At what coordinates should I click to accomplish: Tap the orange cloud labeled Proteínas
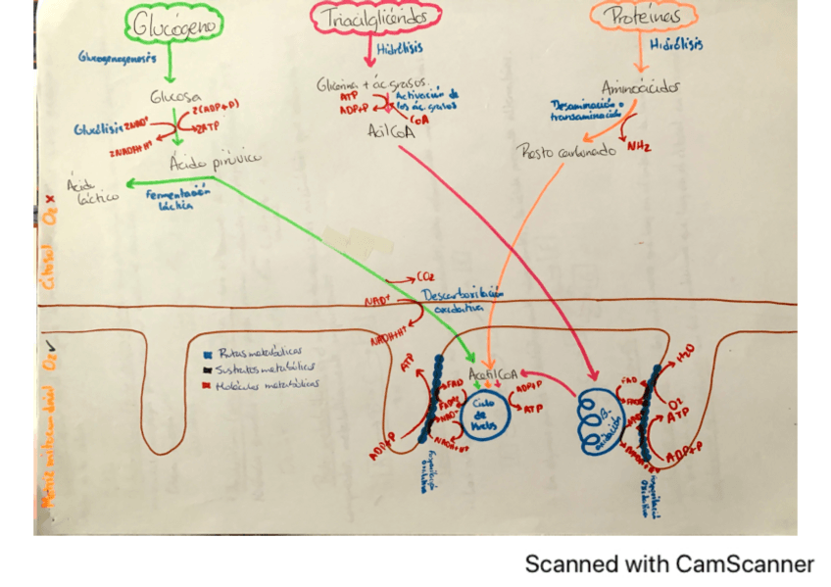tap(643, 16)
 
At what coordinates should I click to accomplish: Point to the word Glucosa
tap(176, 98)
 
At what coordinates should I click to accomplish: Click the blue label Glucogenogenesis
tap(118, 58)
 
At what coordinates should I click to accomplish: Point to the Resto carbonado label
tap(565, 151)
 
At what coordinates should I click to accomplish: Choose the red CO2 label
tap(427, 276)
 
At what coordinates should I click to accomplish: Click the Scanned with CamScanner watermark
tap(669, 564)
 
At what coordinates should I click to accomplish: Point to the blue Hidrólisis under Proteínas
tap(677, 44)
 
